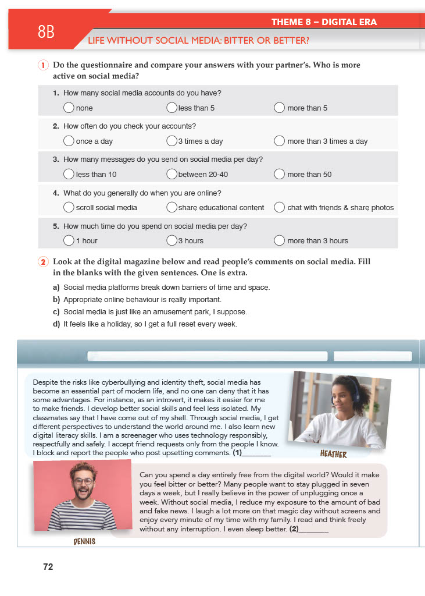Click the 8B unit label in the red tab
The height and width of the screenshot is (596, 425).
tap(46, 32)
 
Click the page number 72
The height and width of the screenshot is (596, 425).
tap(48, 566)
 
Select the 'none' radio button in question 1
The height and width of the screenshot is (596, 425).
tap(69, 108)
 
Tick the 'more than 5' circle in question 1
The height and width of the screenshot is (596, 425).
tap(280, 108)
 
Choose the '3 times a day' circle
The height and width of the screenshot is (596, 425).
tap(172, 141)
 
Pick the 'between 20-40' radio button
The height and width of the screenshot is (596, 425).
tap(172, 174)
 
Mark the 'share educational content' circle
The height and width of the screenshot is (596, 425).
tap(172, 207)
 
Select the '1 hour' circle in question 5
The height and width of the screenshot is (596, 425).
tap(69, 240)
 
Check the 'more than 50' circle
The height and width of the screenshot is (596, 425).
tap(280, 174)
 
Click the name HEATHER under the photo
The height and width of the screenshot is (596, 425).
tap(333, 454)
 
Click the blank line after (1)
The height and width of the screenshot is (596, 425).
tap(259, 452)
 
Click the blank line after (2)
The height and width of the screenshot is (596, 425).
tap(316, 530)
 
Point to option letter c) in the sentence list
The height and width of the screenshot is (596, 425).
tap(56, 312)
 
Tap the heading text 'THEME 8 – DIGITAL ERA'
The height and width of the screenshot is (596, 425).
tap(324, 22)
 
